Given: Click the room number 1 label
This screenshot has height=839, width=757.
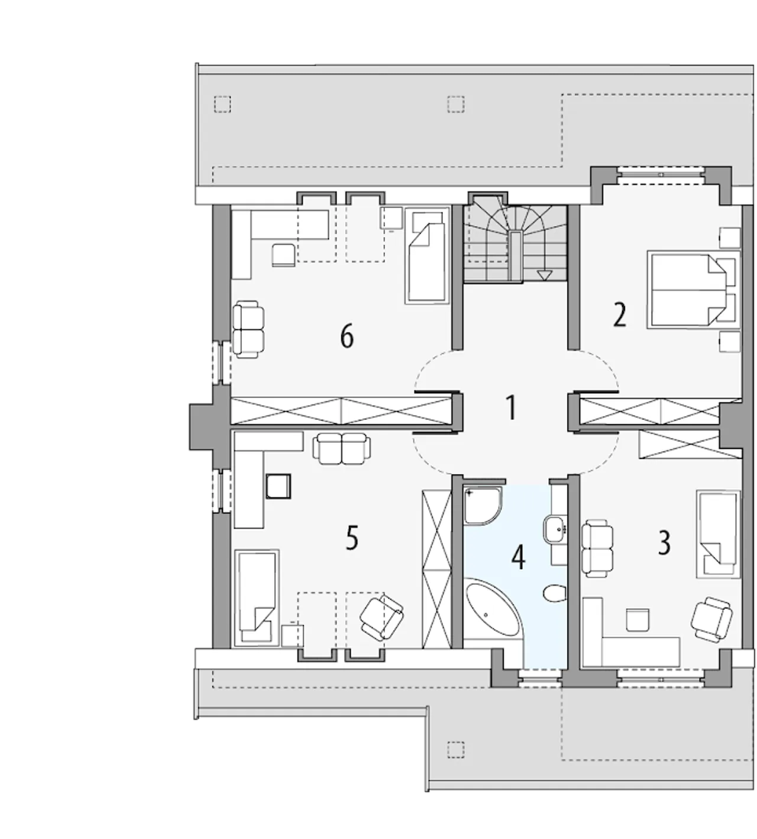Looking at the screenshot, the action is [x=510, y=408].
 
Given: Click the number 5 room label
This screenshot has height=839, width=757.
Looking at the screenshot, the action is [x=352, y=538].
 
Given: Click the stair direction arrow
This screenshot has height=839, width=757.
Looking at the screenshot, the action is [x=545, y=275].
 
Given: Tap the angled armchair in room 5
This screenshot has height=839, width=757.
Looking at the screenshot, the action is [x=381, y=617].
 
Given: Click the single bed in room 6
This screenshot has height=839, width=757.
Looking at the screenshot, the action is [x=427, y=255].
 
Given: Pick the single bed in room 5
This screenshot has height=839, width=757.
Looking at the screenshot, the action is [x=257, y=598].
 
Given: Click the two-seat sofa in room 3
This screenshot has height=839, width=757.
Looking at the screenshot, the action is [x=597, y=548].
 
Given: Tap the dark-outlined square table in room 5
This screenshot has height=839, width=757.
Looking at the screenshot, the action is [x=279, y=486].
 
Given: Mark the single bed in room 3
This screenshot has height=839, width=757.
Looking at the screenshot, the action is [x=718, y=535].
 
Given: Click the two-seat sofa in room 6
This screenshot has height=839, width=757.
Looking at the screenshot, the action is [x=248, y=329].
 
